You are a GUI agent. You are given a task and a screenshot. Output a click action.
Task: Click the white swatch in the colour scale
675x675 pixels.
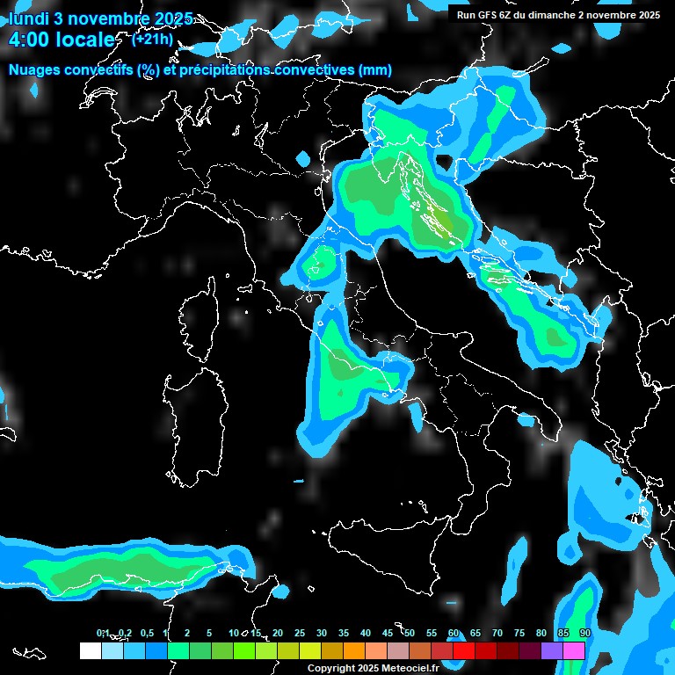click(90, 650)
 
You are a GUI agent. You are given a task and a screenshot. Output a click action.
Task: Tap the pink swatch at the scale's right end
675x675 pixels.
click(574, 650)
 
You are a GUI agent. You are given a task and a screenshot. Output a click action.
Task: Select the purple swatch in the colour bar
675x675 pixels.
click(552, 650)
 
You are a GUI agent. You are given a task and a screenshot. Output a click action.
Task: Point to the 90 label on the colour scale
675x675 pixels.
click(585, 633)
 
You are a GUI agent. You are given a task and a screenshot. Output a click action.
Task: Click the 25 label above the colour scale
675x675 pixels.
click(300, 633)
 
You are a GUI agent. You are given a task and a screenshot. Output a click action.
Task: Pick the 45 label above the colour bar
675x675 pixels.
click(388, 633)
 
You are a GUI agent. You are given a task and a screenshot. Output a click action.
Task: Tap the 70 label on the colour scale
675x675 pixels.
click(497, 633)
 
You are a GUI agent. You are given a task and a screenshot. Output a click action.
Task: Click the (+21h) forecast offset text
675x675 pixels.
click(153, 39)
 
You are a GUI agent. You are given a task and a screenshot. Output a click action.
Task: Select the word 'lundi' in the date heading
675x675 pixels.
click(29, 18)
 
